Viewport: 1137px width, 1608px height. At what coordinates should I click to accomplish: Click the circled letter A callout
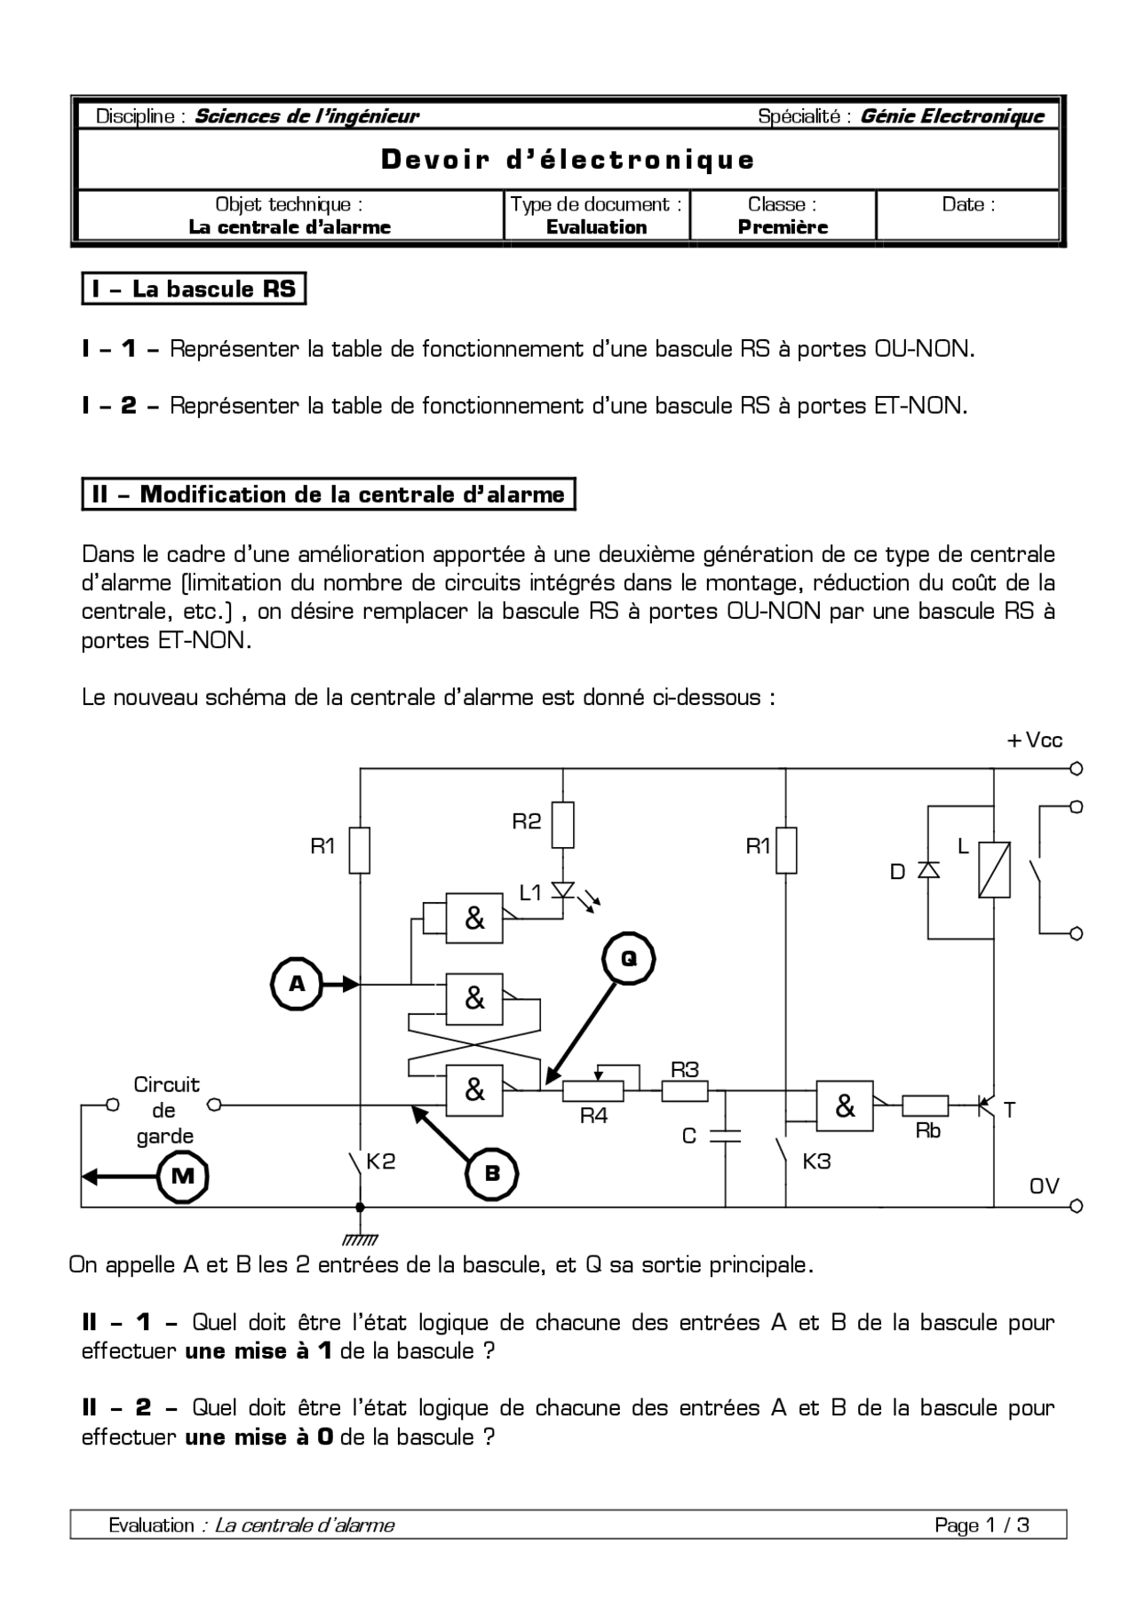click(x=297, y=984)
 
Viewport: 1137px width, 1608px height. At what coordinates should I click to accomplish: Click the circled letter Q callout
click(x=628, y=959)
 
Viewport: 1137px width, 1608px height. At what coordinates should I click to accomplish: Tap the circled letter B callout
click(x=491, y=1174)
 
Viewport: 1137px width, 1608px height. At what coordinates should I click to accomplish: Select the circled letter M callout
click(x=182, y=1176)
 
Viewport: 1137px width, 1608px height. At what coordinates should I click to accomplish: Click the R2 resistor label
click(x=526, y=821)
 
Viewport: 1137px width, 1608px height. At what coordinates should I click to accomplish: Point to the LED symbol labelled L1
click(x=563, y=890)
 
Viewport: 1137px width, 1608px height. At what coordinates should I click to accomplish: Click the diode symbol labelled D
click(x=928, y=870)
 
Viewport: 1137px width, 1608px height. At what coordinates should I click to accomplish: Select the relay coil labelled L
click(x=994, y=869)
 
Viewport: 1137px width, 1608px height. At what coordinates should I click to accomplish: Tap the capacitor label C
click(x=688, y=1136)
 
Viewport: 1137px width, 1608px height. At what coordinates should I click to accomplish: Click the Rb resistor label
click(x=927, y=1131)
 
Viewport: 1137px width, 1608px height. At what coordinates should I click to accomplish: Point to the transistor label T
click(x=1009, y=1109)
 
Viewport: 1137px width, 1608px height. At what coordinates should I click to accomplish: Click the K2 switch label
click(x=380, y=1161)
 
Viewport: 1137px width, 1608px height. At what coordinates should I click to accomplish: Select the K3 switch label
click(x=815, y=1161)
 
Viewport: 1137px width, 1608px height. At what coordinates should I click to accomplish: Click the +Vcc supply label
click(x=1035, y=741)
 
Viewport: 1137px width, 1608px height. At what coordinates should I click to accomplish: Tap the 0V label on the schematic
click(x=1044, y=1186)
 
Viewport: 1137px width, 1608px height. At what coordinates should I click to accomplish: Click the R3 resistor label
click(x=684, y=1070)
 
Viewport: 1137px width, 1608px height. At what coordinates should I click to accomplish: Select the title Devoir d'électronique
click(x=568, y=160)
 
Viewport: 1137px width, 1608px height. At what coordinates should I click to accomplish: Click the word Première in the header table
click(x=783, y=227)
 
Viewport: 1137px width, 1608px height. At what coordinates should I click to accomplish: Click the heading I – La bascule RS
click(x=194, y=289)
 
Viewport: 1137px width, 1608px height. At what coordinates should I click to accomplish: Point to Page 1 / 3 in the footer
click(x=982, y=1525)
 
